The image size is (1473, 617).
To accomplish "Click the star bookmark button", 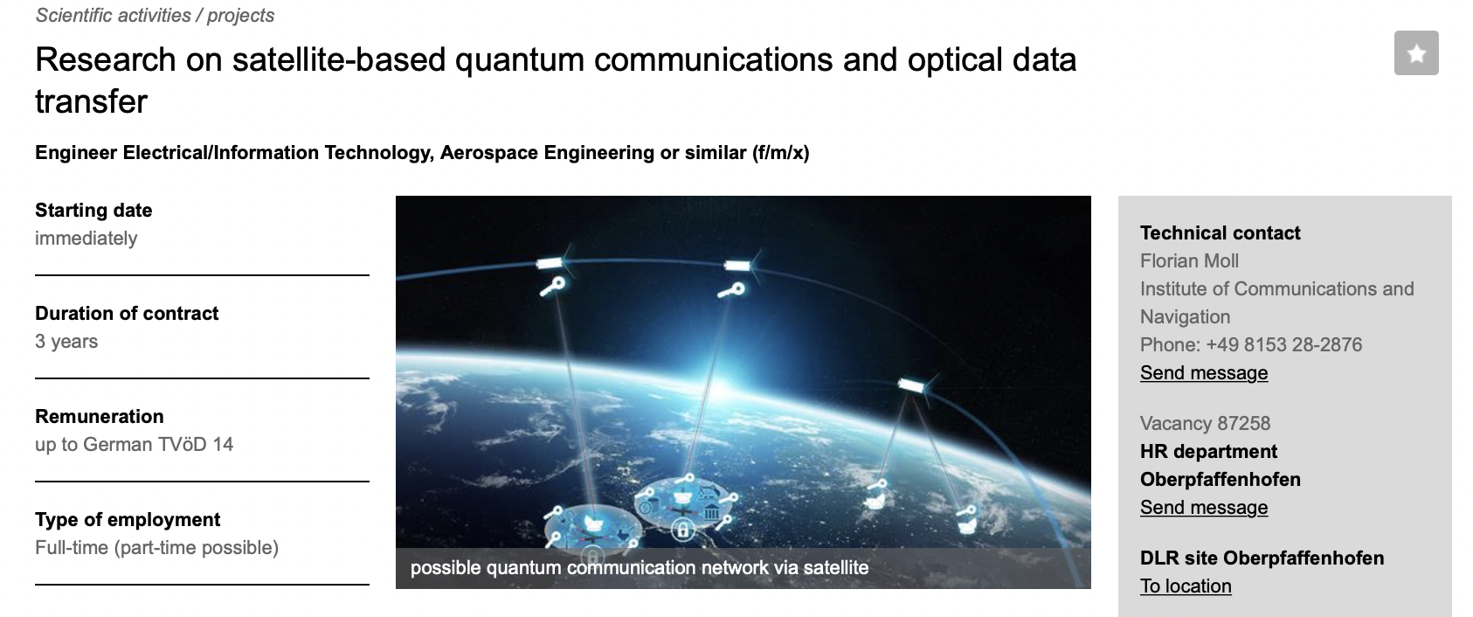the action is [1416, 52].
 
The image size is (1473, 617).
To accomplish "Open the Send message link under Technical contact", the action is [1203, 373].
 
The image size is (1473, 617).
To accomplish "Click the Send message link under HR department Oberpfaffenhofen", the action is [1203, 508].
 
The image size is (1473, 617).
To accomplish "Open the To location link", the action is [1185, 586].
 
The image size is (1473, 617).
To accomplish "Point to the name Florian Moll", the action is [1189, 261].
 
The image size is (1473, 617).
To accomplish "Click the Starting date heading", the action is [93, 211].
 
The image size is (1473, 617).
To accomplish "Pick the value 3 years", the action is [66, 342].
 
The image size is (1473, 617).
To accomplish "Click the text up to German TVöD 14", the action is [135, 445].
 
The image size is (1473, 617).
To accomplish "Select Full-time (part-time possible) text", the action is [156, 548].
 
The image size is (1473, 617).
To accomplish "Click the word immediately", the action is [86, 238].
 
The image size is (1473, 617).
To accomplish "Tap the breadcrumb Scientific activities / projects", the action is [155, 15].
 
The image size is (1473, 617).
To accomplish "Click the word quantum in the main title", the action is [519, 59].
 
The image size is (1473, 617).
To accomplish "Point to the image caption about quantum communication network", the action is [640, 568].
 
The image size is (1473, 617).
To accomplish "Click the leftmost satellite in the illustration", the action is [550, 263].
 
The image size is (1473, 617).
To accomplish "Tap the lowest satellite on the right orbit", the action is [911, 385].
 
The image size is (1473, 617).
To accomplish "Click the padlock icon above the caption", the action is [682, 529].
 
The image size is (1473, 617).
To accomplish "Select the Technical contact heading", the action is [1220, 232].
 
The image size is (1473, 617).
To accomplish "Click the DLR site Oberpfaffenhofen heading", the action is [1262, 558].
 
